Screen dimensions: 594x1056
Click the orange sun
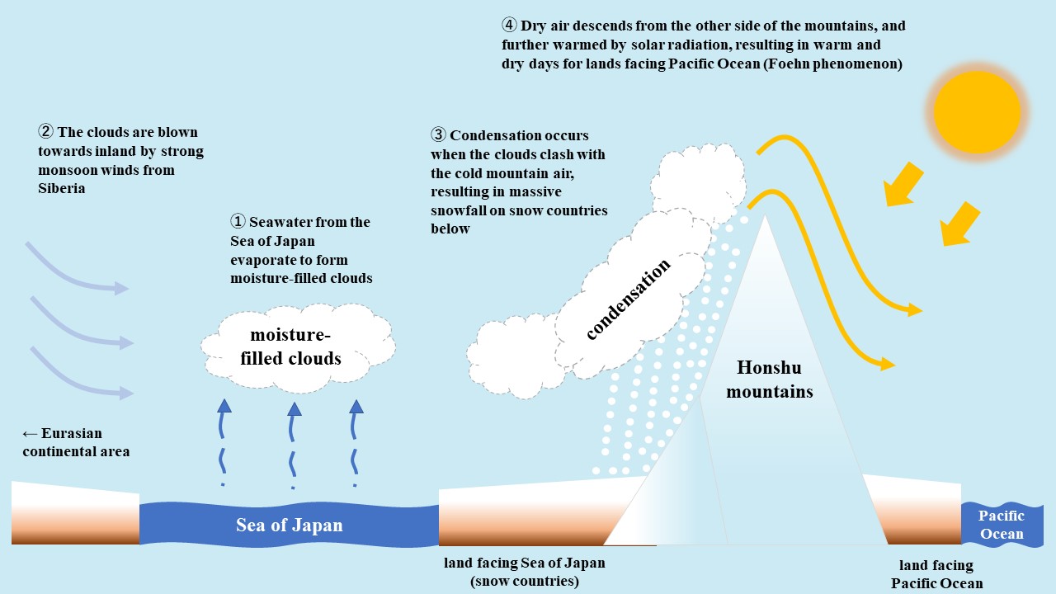[x=977, y=111]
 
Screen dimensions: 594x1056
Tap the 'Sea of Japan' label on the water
[x=289, y=526]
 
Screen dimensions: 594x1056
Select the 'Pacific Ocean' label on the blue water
[x=1001, y=525]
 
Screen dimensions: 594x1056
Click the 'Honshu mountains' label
[x=769, y=379]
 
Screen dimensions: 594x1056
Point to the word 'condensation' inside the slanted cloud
[x=629, y=299]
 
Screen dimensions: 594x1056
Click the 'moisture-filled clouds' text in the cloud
[x=290, y=346]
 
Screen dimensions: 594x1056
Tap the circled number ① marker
[x=238, y=222]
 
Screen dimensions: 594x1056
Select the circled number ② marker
[x=45, y=132]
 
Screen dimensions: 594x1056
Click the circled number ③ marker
[x=438, y=135]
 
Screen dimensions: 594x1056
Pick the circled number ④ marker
[x=509, y=26]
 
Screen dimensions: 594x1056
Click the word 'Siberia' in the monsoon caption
[x=61, y=188]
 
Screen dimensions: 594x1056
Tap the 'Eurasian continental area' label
[x=76, y=442]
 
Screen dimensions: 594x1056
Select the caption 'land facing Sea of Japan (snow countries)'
[x=524, y=573]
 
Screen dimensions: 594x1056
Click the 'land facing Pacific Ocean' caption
[x=936, y=574]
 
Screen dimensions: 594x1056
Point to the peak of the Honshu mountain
[x=766, y=217]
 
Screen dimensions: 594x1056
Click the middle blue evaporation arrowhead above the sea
[x=294, y=408]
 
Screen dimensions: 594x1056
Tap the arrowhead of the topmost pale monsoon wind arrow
[x=122, y=288]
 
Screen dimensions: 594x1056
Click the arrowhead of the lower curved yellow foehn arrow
[x=887, y=364]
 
